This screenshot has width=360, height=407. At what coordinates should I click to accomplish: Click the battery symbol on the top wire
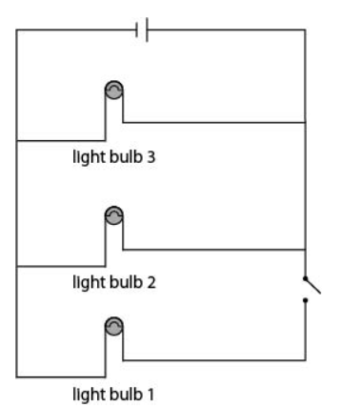[x=142, y=30]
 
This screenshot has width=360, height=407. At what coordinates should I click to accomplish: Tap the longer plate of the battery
[x=147, y=30]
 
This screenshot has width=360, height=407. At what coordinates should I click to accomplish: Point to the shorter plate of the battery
[x=137, y=30]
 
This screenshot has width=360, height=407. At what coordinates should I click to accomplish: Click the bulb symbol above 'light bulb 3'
[x=113, y=91]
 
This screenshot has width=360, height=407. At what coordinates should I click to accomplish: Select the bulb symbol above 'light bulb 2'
[x=113, y=215]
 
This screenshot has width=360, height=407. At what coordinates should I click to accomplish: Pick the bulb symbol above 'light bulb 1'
[x=113, y=326]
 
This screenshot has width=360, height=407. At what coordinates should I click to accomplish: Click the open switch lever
[x=313, y=286]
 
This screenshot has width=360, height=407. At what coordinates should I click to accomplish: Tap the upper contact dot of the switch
[x=306, y=278]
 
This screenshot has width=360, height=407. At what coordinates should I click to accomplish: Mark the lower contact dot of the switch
[x=306, y=300]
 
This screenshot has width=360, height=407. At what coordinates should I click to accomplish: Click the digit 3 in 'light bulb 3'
[x=151, y=157]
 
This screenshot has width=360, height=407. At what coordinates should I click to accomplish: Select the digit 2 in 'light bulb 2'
[x=151, y=282]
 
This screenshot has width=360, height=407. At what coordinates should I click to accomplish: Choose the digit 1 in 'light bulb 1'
[x=150, y=395]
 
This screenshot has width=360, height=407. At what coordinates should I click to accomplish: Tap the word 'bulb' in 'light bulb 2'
[x=126, y=282]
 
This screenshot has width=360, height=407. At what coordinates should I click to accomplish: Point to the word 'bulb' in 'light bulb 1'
[x=126, y=394]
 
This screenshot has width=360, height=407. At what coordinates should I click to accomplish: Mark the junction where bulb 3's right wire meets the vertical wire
[x=306, y=122]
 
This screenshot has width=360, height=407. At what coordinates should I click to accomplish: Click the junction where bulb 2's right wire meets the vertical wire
[x=306, y=250]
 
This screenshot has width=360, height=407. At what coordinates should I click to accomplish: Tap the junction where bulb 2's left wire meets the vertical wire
[x=16, y=267]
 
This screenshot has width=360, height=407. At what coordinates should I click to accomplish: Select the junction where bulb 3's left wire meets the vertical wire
[x=16, y=140]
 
